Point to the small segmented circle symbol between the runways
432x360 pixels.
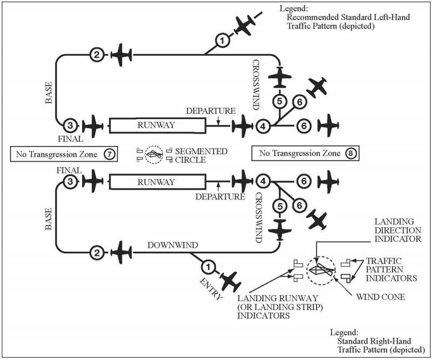[x=153, y=155]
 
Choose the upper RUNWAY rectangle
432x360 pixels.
[x=157, y=126]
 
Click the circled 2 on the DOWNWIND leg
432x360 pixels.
[x=97, y=252]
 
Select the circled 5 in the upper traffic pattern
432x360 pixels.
[x=279, y=101]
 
